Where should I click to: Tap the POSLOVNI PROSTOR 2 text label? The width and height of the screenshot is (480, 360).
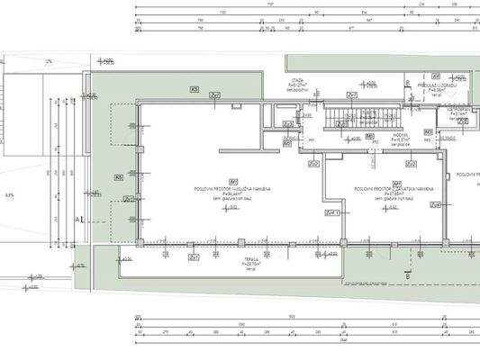click(x=393, y=189)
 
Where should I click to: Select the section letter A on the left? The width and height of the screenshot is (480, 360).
click(x=79, y=219)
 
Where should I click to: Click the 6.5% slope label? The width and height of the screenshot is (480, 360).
click(x=10, y=193)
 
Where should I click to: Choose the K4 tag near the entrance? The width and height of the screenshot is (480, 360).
click(x=435, y=76)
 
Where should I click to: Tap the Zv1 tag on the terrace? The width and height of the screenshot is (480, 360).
click(x=193, y=257)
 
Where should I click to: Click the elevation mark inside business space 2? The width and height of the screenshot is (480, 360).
click(x=388, y=208)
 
